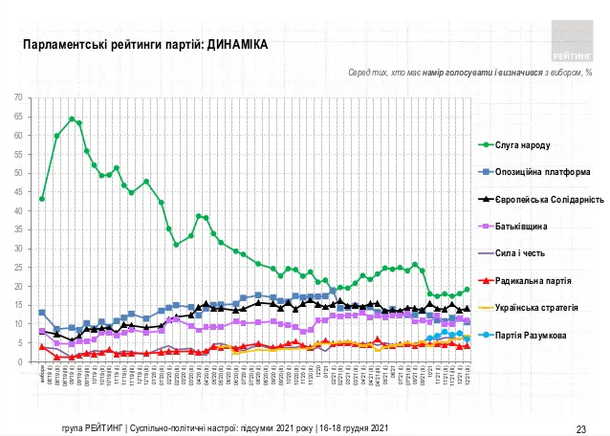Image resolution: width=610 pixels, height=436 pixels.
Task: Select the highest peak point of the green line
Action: (72, 120)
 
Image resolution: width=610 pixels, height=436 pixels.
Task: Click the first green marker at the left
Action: (42, 199)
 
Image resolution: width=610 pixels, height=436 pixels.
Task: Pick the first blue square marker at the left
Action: (42, 313)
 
